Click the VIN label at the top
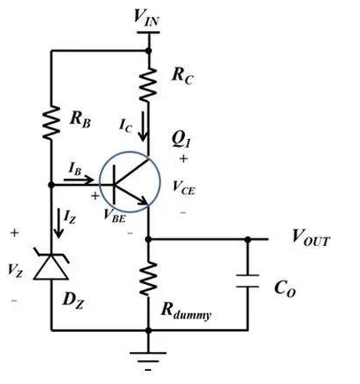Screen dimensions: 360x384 coord(147,17)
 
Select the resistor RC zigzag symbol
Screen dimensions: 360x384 coord(149,85)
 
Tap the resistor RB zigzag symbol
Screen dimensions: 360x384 coord(51,123)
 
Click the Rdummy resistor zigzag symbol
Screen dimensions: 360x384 coord(149,278)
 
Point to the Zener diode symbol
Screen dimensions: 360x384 coord(51,265)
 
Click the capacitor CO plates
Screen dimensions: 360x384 coord(248,280)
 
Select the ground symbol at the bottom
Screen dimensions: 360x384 coord(149,361)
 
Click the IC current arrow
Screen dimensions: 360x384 coord(143,126)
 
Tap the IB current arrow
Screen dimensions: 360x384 coord(79,180)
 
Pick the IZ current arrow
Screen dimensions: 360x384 coord(59,223)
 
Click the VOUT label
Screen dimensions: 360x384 coord(310,237)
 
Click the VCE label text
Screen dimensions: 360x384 coord(183,188)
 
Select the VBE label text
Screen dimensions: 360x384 coord(115,215)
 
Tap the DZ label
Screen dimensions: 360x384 coord(73,301)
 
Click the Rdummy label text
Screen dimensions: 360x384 coord(187,311)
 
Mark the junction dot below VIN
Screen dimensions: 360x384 coord(149,51)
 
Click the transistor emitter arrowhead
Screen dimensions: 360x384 coord(143,201)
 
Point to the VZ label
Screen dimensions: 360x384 coord(15,270)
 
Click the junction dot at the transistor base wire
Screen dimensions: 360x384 coord(51,185)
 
